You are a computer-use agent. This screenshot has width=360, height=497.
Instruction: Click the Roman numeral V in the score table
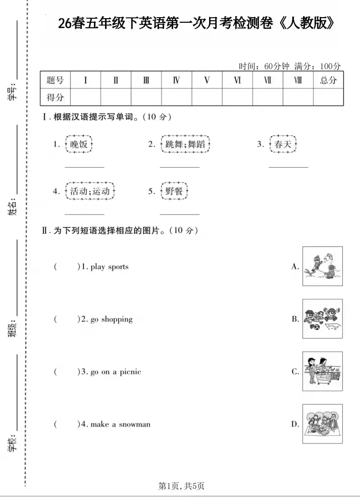click(207, 80)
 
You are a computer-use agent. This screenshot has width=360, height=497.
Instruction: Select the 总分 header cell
click(328, 80)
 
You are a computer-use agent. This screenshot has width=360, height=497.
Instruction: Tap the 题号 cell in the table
click(55, 80)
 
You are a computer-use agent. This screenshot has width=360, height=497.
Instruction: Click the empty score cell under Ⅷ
click(298, 97)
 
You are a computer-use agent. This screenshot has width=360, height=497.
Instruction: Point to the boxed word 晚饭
click(79, 144)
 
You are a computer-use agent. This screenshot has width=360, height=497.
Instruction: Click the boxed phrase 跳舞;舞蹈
click(184, 144)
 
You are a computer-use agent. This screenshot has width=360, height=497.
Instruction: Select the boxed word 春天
click(283, 144)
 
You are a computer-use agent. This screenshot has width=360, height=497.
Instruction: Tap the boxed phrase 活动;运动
click(90, 191)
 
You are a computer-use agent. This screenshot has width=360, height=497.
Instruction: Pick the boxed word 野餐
click(174, 191)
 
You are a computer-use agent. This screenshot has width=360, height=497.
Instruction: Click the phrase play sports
click(110, 267)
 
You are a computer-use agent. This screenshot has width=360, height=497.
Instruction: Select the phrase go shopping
click(112, 319)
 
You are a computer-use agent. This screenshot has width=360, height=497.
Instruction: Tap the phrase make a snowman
click(120, 424)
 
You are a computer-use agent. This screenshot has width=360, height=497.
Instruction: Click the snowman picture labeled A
click(322, 266)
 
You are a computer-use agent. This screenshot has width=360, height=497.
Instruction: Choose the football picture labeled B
click(322, 319)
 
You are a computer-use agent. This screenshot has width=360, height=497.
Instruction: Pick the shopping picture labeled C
click(322, 371)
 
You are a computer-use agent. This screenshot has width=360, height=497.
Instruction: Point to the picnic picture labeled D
click(322, 424)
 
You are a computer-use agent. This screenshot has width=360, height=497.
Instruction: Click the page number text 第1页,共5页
click(181, 486)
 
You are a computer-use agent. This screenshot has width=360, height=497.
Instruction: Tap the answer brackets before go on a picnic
click(67, 372)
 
